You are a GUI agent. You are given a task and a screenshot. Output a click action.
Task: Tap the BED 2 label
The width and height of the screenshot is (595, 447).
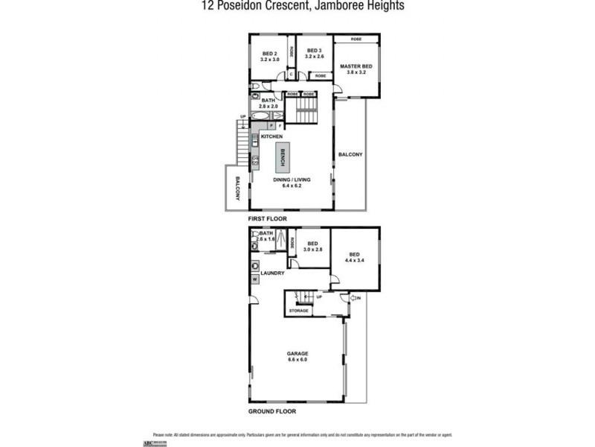point(270,53)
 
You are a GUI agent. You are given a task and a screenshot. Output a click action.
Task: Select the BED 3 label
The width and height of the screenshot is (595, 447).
point(315,51)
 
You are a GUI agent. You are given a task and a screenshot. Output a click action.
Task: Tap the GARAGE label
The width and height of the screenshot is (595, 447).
point(297,353)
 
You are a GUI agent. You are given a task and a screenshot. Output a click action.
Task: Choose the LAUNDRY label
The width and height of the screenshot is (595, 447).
point(273,273)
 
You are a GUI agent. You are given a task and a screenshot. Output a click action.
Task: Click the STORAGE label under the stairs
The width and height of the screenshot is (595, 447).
point(299,310)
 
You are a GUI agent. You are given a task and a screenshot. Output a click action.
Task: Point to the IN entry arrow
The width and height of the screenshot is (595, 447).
point(355,299)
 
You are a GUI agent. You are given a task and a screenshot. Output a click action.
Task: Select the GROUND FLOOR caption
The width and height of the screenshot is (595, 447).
point(271,410)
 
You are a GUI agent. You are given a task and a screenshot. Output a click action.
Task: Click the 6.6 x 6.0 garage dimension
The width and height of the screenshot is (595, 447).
point(297,360)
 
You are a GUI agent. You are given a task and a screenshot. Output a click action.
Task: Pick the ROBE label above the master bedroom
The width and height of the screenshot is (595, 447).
point(356,39)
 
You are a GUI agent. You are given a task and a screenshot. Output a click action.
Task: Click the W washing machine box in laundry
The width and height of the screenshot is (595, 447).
point(255,279)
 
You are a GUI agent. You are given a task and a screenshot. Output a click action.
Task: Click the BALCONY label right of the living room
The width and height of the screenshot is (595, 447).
point(350,154)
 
